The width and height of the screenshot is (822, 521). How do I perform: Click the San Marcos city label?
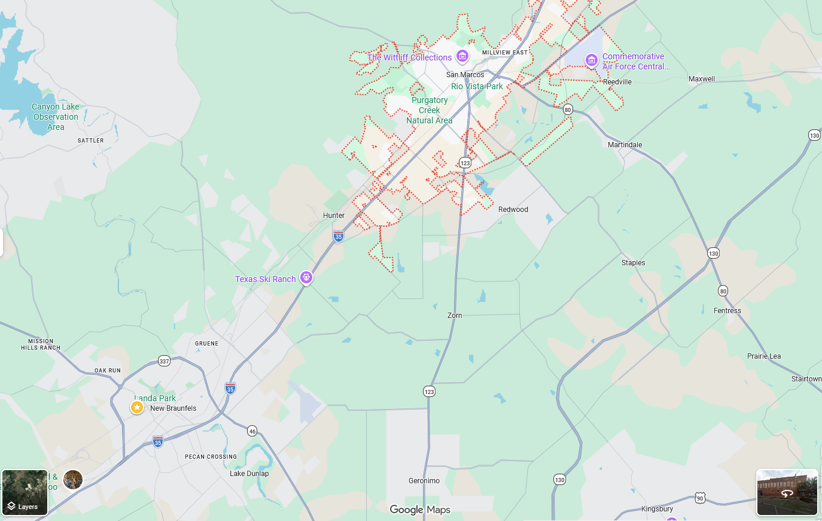[465, 75]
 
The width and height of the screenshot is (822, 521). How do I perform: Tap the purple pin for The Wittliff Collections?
[462, 57]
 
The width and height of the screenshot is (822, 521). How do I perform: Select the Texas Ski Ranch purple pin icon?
[306, 278]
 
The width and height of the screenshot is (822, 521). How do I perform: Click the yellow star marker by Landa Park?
[137, 407]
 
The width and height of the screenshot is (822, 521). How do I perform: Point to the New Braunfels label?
[173, 408]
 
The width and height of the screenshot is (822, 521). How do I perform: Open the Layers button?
[25, 493]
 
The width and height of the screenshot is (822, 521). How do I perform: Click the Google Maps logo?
[420, 510]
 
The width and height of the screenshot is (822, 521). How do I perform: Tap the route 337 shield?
[164, 361]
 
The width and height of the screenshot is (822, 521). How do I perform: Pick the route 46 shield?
[252, 431]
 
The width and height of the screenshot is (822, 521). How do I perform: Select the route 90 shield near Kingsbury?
[700, 498]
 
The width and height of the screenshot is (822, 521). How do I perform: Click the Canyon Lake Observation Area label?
[56, 117]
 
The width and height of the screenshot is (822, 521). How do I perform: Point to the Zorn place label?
[455, 316]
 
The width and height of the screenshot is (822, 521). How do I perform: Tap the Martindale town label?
[625, 145]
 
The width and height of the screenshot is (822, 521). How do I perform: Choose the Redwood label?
[513, 210]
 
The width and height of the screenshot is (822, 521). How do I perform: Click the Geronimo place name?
[424, 481]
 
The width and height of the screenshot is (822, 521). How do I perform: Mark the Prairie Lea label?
[763, 356]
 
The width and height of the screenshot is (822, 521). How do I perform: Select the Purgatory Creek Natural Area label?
[430, 110]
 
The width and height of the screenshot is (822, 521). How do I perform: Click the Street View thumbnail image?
[787, 492]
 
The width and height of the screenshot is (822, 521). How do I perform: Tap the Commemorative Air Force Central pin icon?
[591, 60]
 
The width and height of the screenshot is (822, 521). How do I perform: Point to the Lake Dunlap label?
[249, 474]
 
